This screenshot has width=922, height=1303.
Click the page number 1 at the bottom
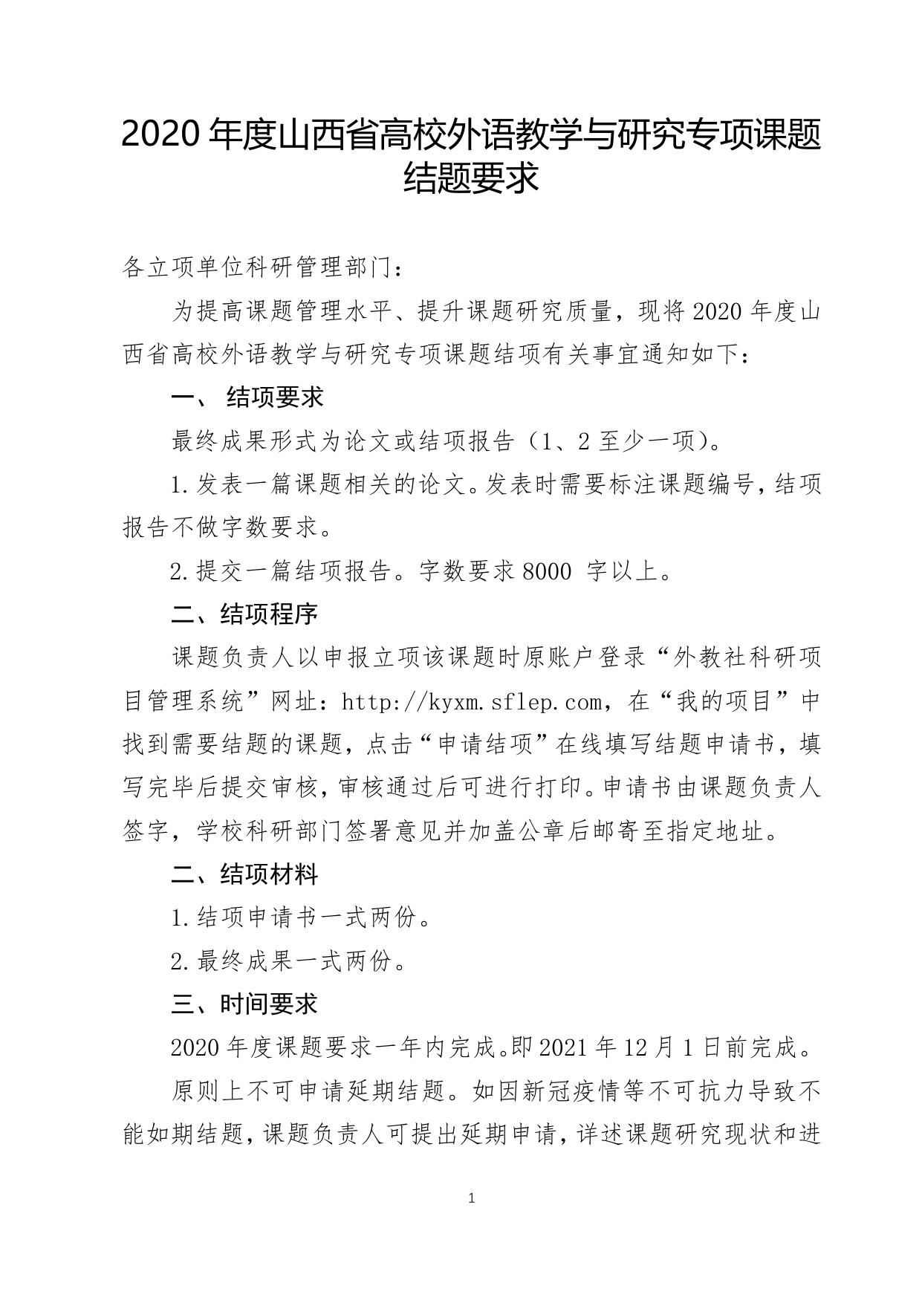pos(472,1198)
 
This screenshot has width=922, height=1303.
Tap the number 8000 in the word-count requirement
pos(548,572)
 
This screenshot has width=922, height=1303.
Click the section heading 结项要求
pos(275,397)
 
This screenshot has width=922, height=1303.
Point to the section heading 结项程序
pos(269,614)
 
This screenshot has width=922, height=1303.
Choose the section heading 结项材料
pos(269,874)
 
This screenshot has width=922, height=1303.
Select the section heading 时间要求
pos(269,1004)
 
